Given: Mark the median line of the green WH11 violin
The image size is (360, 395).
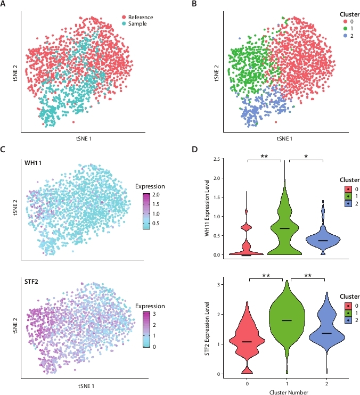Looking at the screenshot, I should click(285, 228).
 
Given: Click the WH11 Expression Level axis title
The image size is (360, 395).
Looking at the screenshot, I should click(207, 207).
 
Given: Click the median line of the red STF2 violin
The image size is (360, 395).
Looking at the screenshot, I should click(246, 341).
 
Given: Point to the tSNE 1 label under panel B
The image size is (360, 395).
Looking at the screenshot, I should click(285, 138).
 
